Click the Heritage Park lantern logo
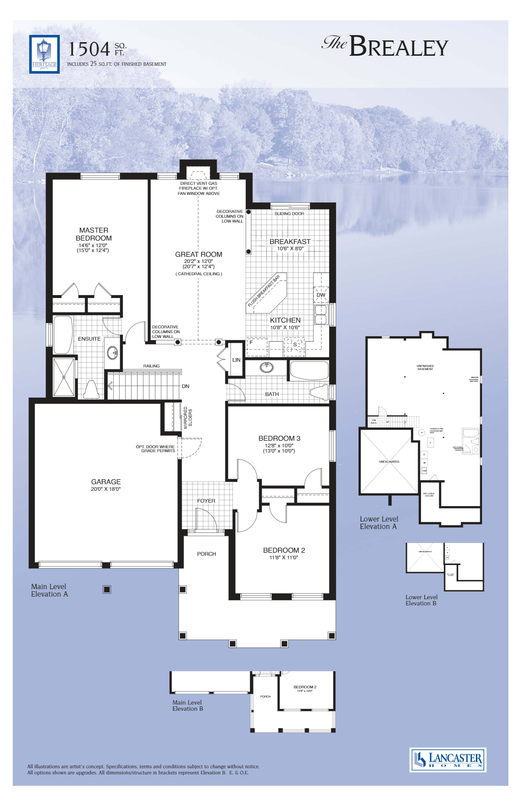click(x=44, y=54)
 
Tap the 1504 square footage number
click(x=89, y=49)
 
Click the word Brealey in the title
click(x=399, y=47)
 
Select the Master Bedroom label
click(x=94, y=234)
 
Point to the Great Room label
click(x=199, y=254)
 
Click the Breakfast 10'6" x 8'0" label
click(x=290, y=245)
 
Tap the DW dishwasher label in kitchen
click(x=321, y=295)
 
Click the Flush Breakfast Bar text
click(x=264, y=291)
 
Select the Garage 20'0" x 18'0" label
click(x=106, y=485)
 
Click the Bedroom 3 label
click(x=279, y=438)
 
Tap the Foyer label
click(x=206, y=500)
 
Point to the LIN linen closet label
click(x=236, y=360)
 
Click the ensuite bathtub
click(x=63, y=335)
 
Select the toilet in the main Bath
click(x=319, y=392)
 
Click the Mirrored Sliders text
click(x=188, y=417)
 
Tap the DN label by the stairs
click(x=185, y=386)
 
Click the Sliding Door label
click(x=289, y=214)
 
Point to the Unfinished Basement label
click(x=425, y=367)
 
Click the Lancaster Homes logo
click(x=448, y=759)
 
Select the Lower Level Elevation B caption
click(x=421, y=600)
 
